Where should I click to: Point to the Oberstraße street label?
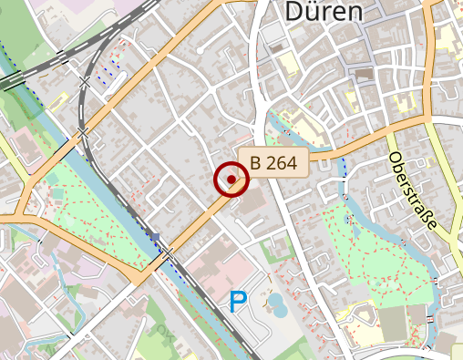click(x=413, y=190)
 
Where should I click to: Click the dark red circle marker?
click(x=231, y=180)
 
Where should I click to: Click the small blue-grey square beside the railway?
click(x=156, y=238)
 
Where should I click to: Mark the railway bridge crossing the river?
click(x=83, y=134)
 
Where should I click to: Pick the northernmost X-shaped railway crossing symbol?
click(x=85, y=82)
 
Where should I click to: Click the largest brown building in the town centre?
click(x=364, y=73)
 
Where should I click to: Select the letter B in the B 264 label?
click(x=256, y=163)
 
